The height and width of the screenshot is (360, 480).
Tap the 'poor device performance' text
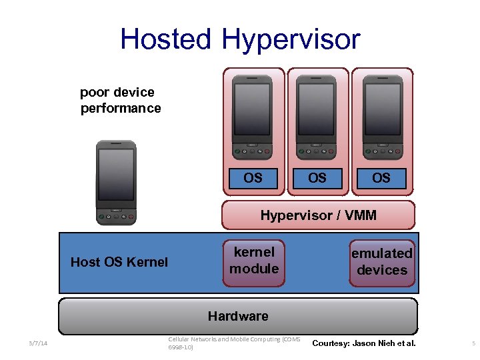(120, 100)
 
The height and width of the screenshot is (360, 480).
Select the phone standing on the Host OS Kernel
(116, 182)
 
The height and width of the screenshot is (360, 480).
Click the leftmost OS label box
(253, 178)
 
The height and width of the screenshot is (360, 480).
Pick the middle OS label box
(317, 178)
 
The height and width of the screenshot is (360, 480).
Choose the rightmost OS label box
(381, 178)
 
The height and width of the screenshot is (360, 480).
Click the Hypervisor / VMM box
(318, 215)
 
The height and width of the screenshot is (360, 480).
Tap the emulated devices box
(381, 262)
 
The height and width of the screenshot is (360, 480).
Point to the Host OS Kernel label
(119, 262)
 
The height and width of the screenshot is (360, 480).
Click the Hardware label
(238, 316)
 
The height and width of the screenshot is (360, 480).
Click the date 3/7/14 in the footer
(39, 343)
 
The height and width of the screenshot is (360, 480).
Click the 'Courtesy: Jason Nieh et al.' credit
(363, 343)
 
